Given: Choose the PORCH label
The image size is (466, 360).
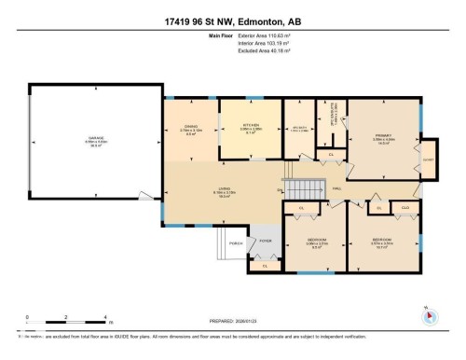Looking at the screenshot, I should (236, 241).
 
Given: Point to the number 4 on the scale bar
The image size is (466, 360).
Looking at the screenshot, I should (106, 317).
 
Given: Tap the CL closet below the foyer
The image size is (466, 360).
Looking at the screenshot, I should (266, 266).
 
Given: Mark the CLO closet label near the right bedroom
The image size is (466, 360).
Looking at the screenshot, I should (404, 207).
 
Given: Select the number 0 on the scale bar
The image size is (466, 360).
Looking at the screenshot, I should (28, 317).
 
